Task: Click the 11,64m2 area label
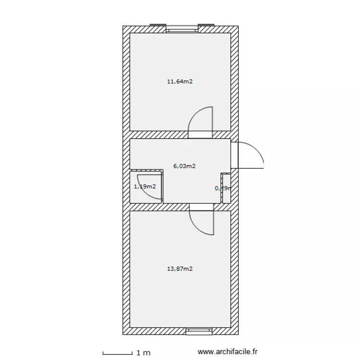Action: [180, 82]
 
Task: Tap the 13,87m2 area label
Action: [180, 269]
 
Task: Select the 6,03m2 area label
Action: [184, 166]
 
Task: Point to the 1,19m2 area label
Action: [144, 186]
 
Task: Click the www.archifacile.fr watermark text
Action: [228, 352]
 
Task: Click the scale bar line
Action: [118, 354]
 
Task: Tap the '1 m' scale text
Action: [144, 353]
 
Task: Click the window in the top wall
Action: [182, 29]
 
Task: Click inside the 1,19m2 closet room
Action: [146, 192]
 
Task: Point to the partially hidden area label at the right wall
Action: [223, 188]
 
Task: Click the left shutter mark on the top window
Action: [157, 24]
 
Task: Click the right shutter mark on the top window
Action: [206, 24]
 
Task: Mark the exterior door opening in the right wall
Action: [234, 155]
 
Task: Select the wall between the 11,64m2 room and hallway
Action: [158, 134]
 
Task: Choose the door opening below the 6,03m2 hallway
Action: [202, 206]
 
